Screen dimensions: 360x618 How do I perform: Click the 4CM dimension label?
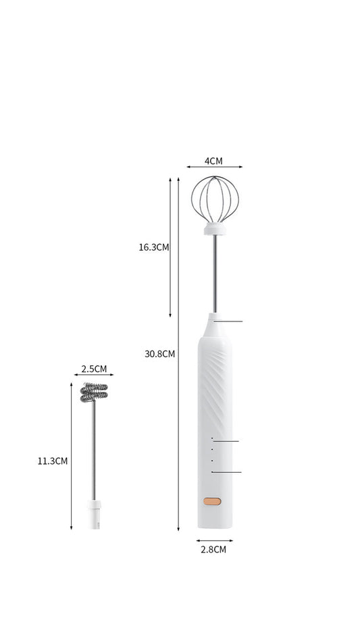coord(213,161)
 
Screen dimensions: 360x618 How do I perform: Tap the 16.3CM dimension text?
coord(154,247)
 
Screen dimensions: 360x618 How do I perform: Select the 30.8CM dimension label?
coord(159,354)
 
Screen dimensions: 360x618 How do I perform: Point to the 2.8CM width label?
coord(213,549)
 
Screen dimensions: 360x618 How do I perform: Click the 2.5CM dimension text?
coord(95,369)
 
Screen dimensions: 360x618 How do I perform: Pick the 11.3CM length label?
coord(53,461)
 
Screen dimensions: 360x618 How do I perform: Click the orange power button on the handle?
coord(212,502)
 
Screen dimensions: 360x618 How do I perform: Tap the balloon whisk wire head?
coord(215,199)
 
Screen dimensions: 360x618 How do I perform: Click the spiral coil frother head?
coord(94,392)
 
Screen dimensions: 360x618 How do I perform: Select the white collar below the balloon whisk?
coord(215,228)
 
